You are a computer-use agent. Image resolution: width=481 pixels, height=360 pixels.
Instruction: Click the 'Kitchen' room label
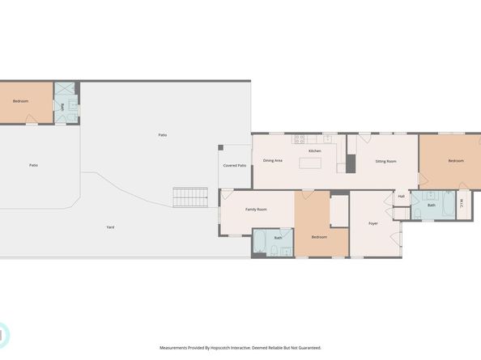[x=315, y=151]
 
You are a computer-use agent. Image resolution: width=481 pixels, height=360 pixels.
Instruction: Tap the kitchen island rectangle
[x=310, y=163]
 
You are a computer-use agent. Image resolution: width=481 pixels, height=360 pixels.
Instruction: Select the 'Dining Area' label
[x=273, y=160]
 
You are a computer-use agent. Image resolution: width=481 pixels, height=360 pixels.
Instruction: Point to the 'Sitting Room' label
[x=385, y=161]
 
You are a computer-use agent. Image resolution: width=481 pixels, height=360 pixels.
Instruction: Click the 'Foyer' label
[x=373, y=223]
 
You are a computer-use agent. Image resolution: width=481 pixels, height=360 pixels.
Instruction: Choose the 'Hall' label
[x=401, y=197]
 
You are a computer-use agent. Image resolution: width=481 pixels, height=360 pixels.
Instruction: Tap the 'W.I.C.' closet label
[x=461, y=204]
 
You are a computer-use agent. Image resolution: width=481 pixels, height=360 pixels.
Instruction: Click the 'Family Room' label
[x=256, y=210]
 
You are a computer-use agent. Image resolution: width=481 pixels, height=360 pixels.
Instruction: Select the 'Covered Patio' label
[x=235, y=165]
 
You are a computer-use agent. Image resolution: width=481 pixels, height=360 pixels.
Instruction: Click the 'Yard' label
[x=110, y=227]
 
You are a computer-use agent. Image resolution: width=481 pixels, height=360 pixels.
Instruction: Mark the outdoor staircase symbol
[x=185, y=197]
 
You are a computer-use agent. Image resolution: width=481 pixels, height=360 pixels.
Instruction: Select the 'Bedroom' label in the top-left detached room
[x=21, y=101]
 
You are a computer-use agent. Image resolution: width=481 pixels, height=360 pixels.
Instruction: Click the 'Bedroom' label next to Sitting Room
[x=457, y=160]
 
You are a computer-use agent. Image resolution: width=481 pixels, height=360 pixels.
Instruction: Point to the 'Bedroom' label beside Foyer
[x=320, y=237]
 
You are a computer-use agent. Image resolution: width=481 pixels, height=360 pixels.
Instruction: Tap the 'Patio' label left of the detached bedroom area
[x=33, y=165]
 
